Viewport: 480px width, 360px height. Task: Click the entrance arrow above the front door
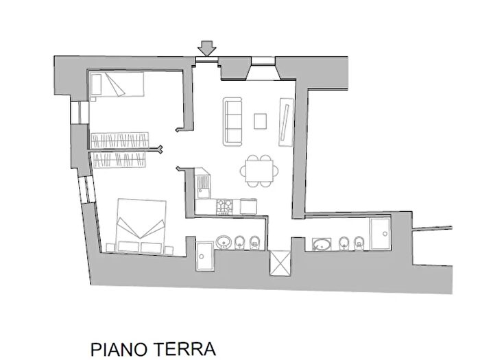206,48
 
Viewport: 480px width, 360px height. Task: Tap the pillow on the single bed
97,86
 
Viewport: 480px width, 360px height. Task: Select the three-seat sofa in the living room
232,121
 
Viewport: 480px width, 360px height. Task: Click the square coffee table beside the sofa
260,121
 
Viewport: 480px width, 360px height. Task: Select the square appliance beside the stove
248,205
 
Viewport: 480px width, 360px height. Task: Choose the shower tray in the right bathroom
379,233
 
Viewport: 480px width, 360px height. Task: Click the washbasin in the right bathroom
321,243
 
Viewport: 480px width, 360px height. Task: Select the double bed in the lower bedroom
141,226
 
